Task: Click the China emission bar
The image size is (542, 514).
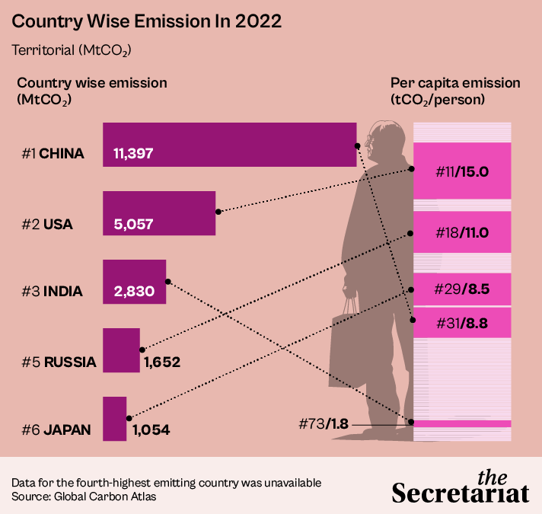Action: click(228, 144)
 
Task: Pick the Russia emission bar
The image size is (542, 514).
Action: click(121, 350)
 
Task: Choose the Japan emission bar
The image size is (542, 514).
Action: click(114, 418)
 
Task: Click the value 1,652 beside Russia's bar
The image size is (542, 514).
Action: click(161, 362)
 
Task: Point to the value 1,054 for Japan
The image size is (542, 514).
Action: click(151, 430)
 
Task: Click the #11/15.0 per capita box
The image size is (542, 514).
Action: click(461, 172)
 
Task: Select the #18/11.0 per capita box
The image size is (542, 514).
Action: click(461, 233)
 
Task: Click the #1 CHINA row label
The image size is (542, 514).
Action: click(53, 154)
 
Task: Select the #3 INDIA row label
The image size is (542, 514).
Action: click(53, 291)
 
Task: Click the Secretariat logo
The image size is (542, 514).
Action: click(461, 487)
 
